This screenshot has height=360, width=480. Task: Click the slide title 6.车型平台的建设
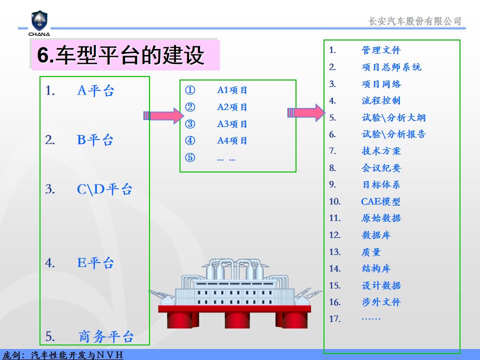[x=120, y=55]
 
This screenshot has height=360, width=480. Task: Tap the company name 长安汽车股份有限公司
[x=414, y=21]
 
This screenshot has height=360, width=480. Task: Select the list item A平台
[x=95, y=90]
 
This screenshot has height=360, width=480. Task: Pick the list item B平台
[x=95, y=140]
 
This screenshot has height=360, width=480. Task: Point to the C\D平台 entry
[x=104, y=189]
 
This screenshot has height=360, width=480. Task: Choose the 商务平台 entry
[x=106, y=336]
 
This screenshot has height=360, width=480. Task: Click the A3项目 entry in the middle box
[x=232, y=124]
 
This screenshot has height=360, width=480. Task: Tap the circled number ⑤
[x=190, y=157]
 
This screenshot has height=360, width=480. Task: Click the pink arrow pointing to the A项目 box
[x=163, y=115]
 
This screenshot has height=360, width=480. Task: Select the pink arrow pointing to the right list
[x=306, y=112]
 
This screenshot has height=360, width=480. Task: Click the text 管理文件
[x=381, y=50]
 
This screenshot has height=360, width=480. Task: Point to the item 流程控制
[x=381, y=100]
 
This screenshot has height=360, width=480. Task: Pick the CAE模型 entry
[x=380, y=201]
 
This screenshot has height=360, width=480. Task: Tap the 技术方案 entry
[x=381, y=150]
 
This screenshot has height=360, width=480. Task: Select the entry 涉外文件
[x=381, y=302]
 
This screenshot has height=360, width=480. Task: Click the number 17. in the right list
[x=335, y=319]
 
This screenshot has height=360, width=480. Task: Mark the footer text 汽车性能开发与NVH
[x=77, y=355]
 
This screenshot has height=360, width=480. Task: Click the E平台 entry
[x=95, y=263]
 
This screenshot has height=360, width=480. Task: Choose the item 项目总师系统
[x=391, y=67]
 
